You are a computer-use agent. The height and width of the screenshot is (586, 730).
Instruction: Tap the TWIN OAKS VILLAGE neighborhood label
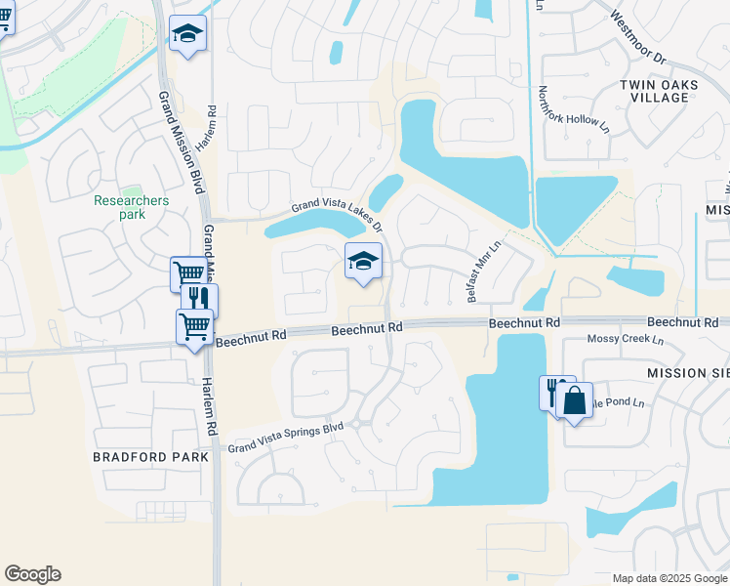[659, 92]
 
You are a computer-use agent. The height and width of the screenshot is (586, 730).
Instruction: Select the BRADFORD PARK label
[151, 456]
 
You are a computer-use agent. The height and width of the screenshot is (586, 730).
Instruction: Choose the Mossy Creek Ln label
[626, 340]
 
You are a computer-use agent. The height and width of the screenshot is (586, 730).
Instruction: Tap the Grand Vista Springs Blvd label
[287, 437]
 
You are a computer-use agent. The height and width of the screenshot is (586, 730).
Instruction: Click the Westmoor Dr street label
[638, 38]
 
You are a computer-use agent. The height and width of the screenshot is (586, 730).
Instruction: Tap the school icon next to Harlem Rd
[187, 35]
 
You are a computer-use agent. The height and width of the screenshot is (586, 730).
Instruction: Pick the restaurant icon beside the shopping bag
[553, 393]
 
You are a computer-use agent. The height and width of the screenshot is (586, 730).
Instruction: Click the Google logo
[32, 574]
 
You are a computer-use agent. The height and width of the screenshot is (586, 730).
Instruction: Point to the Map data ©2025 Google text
[669, 578]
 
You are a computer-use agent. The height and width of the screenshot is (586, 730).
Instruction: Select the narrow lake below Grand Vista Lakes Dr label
[303, 228]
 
